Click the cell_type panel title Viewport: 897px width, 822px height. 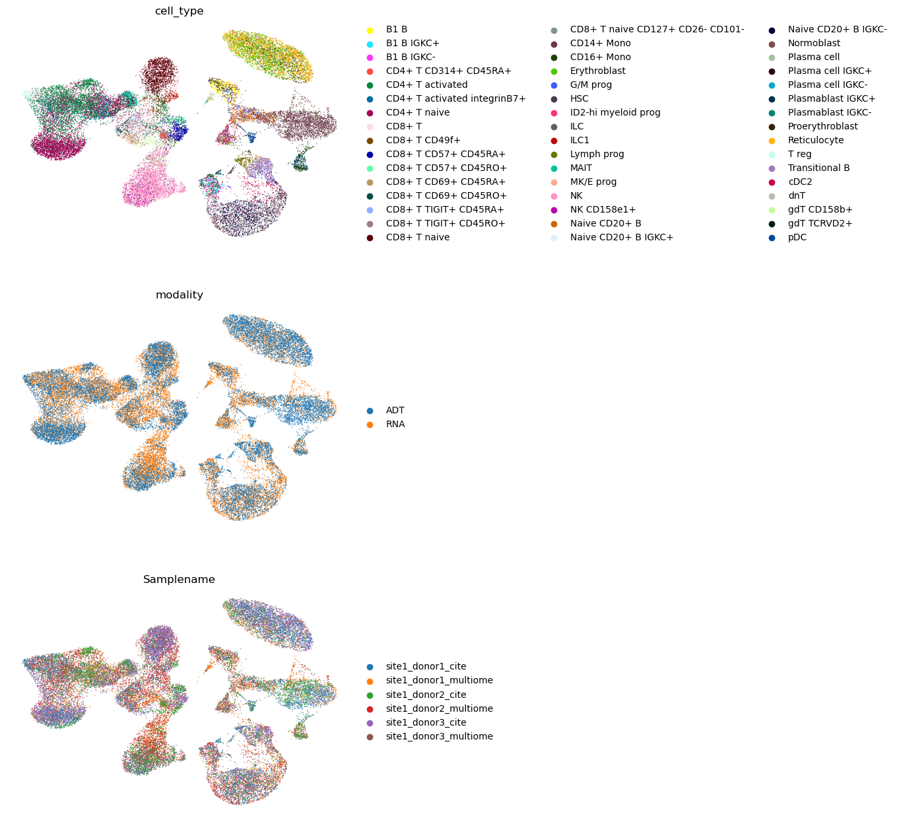(179, 11)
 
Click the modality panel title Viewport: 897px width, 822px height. (179, 295)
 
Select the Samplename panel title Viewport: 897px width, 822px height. (179, 580)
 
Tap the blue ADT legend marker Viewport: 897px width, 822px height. (370, 411)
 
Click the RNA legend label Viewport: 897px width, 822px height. (395, 425)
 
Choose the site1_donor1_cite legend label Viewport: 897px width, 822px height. (430, 667)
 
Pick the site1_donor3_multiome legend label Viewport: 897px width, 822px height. (439, 737)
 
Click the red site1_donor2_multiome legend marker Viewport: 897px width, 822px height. (370, 709)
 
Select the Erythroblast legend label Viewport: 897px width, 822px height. (597, 71)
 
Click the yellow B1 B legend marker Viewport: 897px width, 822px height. (370, 30)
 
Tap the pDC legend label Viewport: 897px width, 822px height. (797, 238)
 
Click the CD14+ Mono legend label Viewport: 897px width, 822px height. (600, 44)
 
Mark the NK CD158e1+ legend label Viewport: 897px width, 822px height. (603, 210)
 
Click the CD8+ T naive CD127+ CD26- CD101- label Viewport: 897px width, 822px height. (657, 30)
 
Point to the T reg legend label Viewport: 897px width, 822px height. (799, 154)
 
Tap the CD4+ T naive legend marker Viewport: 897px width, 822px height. (370, 113)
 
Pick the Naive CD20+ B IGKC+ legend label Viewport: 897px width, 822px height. (621, 238)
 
